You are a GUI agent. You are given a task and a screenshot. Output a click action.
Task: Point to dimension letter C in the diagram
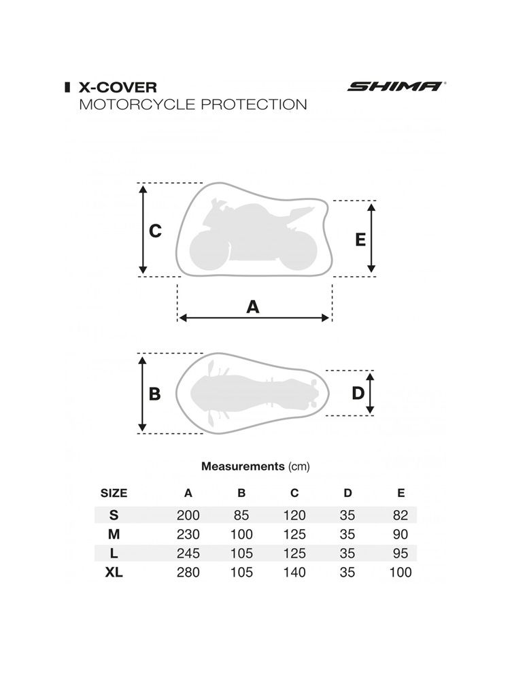click(x=155, y=231)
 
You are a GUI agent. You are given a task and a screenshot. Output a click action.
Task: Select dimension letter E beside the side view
click(x=360, y=239)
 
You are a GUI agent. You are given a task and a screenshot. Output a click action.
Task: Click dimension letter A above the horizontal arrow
click(x=253, y=307)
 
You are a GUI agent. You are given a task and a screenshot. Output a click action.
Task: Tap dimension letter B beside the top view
click(x=154, y=394)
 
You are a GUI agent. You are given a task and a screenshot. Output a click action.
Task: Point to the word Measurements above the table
click(x=243, y=466)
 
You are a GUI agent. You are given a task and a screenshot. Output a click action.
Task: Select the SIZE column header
click(x=114, y=493)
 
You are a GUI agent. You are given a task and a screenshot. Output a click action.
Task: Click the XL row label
click(x=114, y=573)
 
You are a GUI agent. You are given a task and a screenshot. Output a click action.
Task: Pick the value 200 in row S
click(x=188, y=515)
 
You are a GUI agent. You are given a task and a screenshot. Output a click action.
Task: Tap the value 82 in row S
click(x=401, y=515)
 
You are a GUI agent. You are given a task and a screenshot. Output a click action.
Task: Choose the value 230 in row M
click(x=188, y=534)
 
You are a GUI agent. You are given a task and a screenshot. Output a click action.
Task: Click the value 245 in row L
click(x=188, y=554)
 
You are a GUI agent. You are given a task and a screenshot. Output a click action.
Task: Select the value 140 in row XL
click(x=294, y=573)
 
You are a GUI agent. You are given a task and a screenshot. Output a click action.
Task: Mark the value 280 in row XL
click(x=188, y=573)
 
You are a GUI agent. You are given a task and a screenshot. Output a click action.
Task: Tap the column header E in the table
click(x=401, y=493)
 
